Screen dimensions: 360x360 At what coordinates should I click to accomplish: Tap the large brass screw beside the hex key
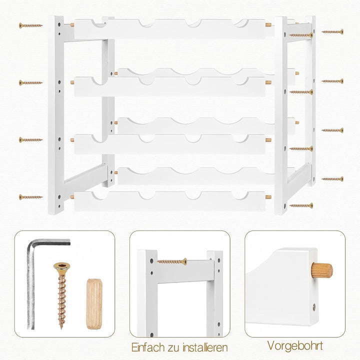pos(62,295)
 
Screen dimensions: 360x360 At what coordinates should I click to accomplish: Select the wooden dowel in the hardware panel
pos(94,304)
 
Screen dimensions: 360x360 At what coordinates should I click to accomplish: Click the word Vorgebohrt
pos(295,346)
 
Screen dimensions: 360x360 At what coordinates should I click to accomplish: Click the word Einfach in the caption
pos(148,347)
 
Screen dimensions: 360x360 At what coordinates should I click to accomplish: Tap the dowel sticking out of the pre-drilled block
pos(321,270)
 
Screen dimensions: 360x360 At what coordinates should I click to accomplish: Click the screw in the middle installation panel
pos(172,261)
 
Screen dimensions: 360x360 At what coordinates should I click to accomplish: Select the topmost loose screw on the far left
pos(31,25)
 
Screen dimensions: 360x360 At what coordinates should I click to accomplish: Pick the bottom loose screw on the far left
pos(31,197)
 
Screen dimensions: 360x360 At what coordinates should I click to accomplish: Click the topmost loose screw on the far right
pos(332,31)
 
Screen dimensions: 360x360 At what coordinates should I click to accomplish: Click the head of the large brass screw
pos(62,266)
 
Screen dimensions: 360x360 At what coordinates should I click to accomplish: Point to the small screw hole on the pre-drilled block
pos(314,307)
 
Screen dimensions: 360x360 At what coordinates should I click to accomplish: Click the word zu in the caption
pos(172,348)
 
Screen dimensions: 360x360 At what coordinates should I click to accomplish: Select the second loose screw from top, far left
pos(31,82)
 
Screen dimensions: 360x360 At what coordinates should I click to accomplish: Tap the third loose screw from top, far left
pos(31,139)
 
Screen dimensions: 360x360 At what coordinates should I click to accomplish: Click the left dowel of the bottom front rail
pos(72,197)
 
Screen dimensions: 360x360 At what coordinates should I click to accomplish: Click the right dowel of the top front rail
pos(268,25)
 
